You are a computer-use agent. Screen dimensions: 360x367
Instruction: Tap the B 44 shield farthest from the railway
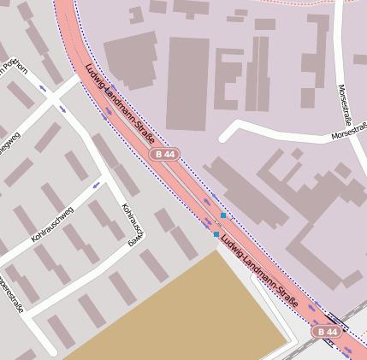coord(165,154)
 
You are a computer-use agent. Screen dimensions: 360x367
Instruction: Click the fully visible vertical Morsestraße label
coord(345,103)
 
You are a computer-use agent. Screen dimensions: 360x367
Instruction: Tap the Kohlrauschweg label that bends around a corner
coord(131,225)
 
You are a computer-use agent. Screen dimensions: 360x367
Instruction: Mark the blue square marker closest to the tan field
coord(216,233)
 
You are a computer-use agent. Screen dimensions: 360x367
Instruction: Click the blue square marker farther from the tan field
coord(222,215)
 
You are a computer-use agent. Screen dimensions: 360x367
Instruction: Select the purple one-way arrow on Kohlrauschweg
coord(96,184)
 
